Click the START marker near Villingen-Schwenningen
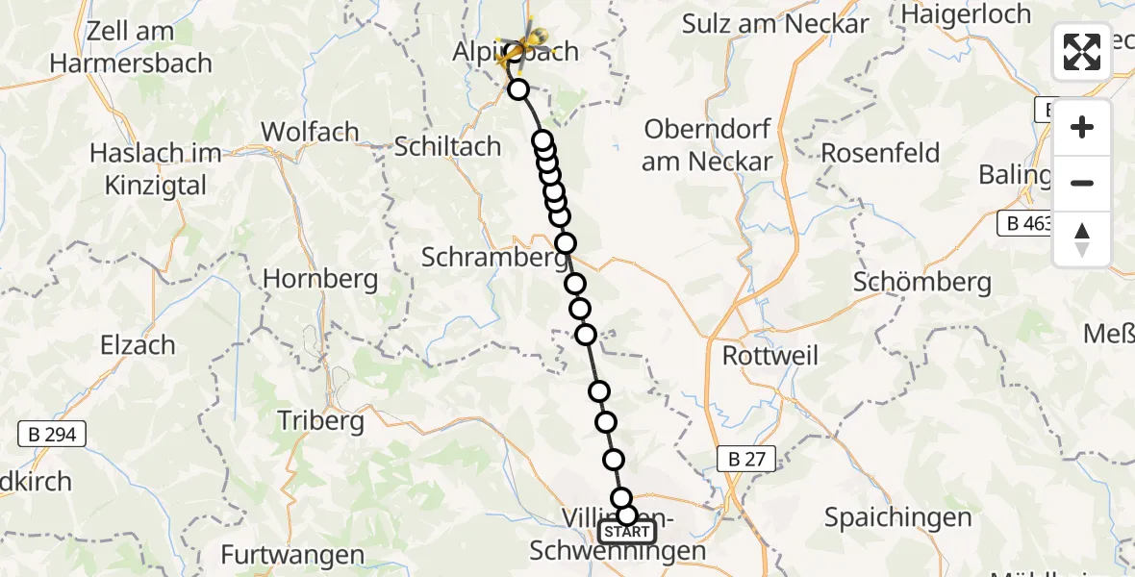627,532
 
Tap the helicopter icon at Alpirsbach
526,42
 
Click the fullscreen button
1082,52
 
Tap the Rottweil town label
770,356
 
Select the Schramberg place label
493,258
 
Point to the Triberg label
320,420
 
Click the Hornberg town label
320,279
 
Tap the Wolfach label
310,132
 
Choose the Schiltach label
448,146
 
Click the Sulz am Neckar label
775,24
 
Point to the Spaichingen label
898,517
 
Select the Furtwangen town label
292,555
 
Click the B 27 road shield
746,460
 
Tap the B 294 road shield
52,435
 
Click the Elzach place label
139,344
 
